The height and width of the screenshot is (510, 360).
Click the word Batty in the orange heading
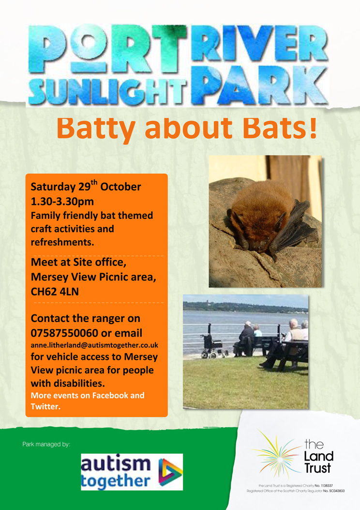[x=97, y=128]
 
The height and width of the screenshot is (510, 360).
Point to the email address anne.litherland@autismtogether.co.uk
[x=94, y=345]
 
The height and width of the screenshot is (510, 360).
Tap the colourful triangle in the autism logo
[x=171, y=472]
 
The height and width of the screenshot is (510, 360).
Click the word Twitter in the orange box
[x=45, y=406]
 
